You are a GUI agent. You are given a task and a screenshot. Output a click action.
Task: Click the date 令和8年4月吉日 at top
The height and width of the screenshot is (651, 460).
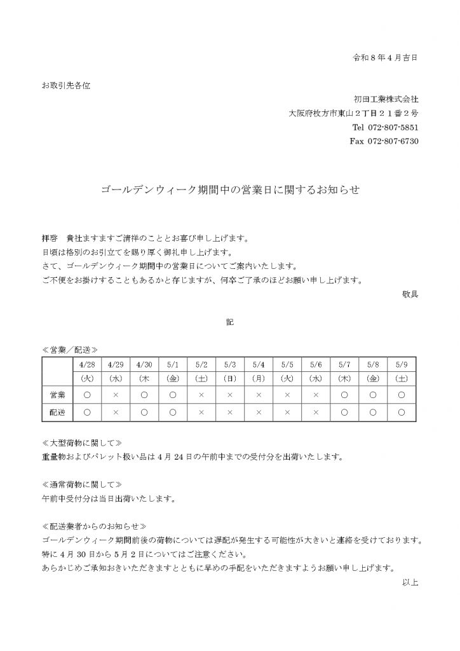pos(385,57)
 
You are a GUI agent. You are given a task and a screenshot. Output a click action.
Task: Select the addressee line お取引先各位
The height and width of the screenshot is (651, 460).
pos(66,86)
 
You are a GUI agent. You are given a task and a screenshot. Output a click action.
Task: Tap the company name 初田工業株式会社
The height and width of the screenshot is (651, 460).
pos(386,99)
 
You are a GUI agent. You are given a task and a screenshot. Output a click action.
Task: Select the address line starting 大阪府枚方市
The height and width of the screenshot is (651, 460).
pos(353,113)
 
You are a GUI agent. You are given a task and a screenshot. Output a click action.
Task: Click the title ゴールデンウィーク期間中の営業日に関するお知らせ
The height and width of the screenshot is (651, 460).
pos(230,189)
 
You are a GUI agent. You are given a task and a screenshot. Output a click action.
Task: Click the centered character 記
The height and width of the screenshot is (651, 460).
pos(230,322)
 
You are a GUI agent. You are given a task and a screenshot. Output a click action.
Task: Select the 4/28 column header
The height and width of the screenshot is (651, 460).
pos(87,364)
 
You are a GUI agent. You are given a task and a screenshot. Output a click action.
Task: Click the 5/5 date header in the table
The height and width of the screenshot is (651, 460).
pos(287,364)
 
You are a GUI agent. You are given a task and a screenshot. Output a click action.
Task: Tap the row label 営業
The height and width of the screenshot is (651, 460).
pos(57,395)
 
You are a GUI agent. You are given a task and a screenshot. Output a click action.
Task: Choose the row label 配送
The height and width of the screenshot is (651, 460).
pos(57,412)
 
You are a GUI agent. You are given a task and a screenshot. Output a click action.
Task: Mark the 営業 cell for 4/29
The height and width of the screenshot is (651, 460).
pos(116,395)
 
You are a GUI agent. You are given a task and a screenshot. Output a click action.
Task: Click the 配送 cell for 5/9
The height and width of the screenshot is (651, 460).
pos(402,412)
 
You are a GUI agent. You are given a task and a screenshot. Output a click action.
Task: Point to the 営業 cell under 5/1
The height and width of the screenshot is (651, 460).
pos(173,395)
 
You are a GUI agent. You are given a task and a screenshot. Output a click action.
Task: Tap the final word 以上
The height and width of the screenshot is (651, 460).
pos(410,582)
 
